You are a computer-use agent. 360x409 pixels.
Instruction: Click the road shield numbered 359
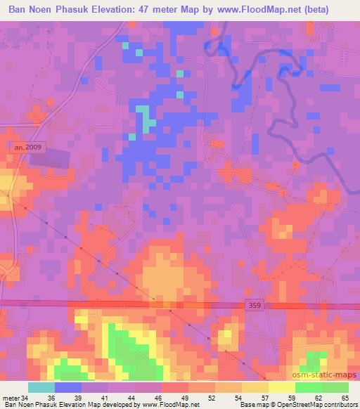pyautogui.click(x=257, y=304)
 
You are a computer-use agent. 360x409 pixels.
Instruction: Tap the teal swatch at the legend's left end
pyautogui.click(x=41, y=387)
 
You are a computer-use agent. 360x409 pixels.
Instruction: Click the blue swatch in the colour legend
pyautogui.click(x=67, y=387)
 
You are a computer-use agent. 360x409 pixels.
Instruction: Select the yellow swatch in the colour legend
pyautogui.click(x=281, y=387)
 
